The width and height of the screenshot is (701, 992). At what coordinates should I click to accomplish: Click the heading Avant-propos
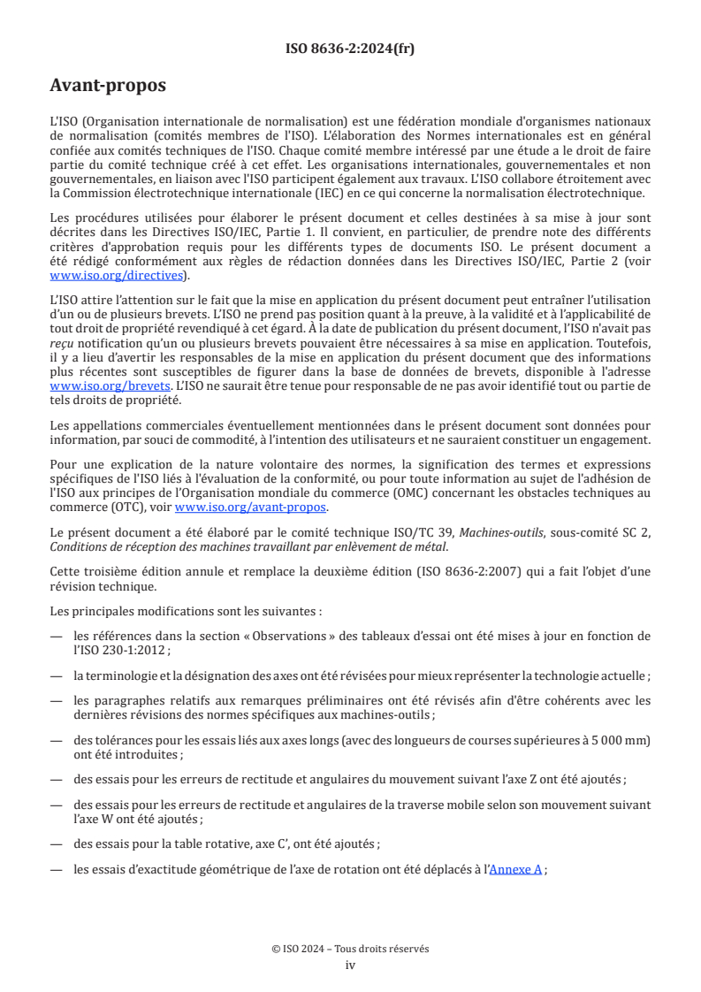[107, 86]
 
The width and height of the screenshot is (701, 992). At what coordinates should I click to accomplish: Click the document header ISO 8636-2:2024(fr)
[350, 50]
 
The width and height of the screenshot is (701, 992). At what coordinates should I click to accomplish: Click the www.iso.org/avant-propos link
[251, 507]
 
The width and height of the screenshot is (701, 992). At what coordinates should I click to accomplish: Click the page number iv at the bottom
[350, 965]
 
